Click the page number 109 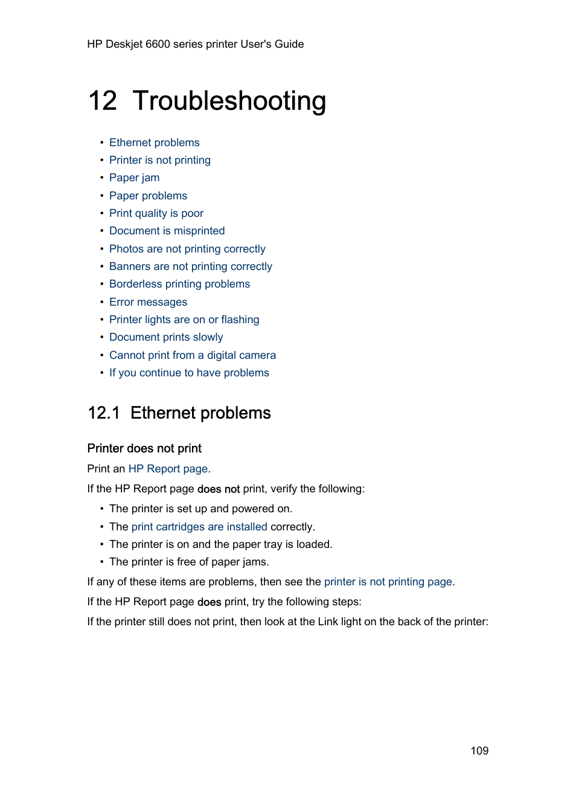click(479, 750)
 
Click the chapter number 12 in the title click(103, 101)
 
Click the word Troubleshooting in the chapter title click(229, 101)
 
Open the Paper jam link click(134, 178)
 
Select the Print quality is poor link click(156, 213)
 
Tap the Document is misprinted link click(167, 231)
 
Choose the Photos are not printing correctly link click(187, 249)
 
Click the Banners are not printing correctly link click(190, 266)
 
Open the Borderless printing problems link click(179, 284)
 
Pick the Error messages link click(148, 302)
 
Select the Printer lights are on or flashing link click(184, 320)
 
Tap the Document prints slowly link click(166, 337)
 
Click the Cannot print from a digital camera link click(192, 355)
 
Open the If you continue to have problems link click(189, 373)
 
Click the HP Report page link click(168, 469)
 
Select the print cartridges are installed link click(199, 527)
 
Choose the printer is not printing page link click(388, 582)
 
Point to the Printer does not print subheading click(144, 448)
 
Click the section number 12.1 click(103, 413)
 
